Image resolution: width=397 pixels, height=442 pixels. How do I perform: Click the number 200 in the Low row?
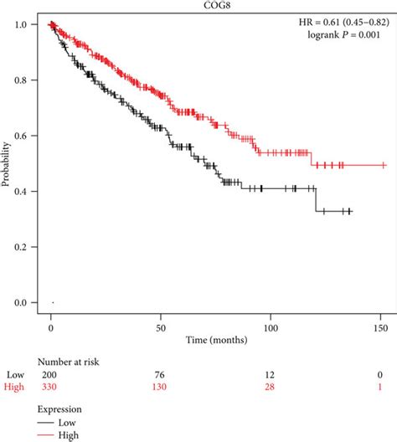(x=51, y=373)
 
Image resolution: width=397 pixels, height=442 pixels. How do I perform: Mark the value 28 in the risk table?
(x=271, y=386)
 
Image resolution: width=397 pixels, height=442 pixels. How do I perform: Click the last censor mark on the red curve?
(x=383, y=165)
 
